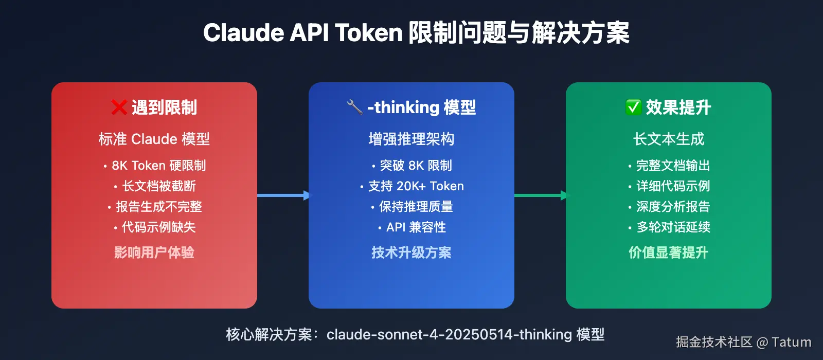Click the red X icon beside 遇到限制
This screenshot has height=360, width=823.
[x=119, y=107]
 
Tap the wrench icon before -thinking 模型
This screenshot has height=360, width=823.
[x=355, y=107]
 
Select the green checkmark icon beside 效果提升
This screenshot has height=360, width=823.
[x=633, y=107]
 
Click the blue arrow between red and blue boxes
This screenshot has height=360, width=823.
[x=283, y=195]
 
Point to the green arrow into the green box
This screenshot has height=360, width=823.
[x=541, y=195]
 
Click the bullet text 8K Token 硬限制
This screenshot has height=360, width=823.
[x=158, y=166]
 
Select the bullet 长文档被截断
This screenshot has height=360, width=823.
[x=158, y=186]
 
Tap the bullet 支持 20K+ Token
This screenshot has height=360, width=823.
[x=416, y=186]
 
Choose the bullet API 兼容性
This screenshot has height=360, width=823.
[x=416, y=227]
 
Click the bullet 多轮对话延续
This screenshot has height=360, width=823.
[x=673, y=227]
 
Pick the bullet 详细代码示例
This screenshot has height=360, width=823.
[x=673, y=186]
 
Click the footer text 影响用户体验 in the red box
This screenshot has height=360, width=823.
[x=154, y=253]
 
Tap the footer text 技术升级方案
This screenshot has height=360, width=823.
[x=411, y=253]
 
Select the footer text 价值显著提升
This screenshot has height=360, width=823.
[x=669, y=253]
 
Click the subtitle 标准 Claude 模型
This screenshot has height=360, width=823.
[x=154, y=139]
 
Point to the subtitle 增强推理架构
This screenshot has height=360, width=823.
[x=411, y=139]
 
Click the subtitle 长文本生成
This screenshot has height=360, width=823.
[x=669, y=139]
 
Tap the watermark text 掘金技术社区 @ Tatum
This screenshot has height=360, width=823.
[x=743, y=342]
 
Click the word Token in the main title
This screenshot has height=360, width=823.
[x=369, y=33]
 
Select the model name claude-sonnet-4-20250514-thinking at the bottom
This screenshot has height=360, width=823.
[x=449, y=335]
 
